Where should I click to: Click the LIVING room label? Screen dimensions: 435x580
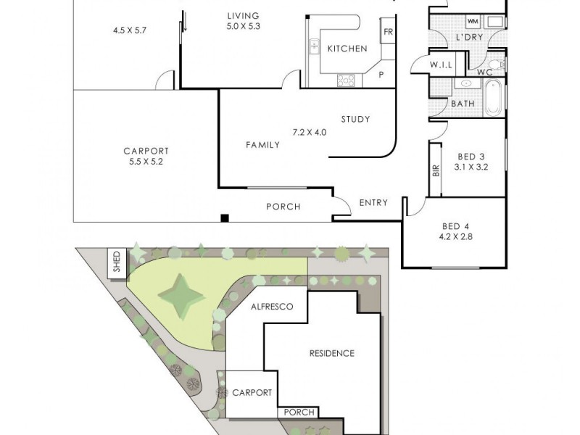pos(243,16)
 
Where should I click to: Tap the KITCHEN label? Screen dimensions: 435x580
pos(347,49)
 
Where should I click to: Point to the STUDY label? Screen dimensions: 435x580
pos(355,120)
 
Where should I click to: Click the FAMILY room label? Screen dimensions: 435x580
pos(262,145)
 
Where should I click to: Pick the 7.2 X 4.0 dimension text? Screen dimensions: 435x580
pos(310,133)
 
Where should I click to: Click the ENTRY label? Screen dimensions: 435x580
pos(373,203)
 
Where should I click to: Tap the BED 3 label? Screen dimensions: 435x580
pos(471,157)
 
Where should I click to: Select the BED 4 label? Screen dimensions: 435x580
pos(455,225)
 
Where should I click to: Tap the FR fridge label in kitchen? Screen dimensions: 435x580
pos(388,32)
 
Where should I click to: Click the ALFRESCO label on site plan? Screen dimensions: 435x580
pos(272,307)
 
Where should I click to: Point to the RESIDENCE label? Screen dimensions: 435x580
pos(332,354)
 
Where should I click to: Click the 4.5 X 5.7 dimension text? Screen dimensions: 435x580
pos(130,30)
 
